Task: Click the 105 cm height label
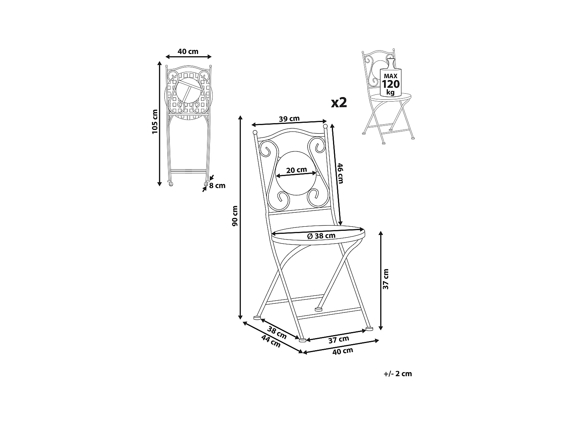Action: coord(154,122)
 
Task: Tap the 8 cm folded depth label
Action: coord(217,185)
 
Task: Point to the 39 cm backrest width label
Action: coord(289,119)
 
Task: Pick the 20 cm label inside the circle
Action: coord(296,170)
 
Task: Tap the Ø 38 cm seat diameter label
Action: coord(321,236)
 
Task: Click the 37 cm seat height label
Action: coord(386,279)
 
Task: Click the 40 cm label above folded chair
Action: coord(188,51)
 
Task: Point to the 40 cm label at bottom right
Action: coord(342,350)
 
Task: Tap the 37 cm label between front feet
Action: coord(338,339)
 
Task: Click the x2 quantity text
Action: coord(339,102)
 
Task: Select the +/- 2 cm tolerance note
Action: coord(397,374)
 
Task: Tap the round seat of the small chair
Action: coord(389,97)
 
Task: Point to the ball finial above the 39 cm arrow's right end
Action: coord(325,125)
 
